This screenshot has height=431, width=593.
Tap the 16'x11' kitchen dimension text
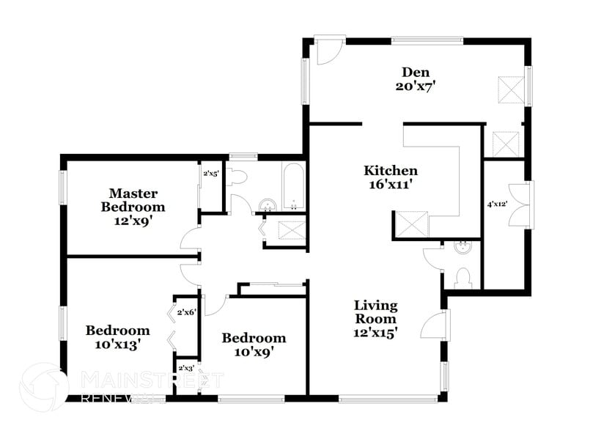pyautogui.click(x=391, y=185)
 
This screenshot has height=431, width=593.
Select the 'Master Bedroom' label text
pyautogui.click(x=133, y=199)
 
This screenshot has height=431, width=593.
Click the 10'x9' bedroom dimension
pyautogui.click(x=254, y=351)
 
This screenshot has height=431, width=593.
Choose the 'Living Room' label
pyautogui.click(x=375, y=312)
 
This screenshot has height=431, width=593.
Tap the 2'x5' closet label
pyautogui.click(x=210, y=174)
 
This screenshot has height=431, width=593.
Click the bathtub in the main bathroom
pyautogui.click(x=292, y=188)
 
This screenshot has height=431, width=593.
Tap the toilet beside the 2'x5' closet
pyautogui.click(x=237, y=177)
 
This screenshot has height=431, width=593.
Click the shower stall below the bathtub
pyautogui.click(x=292, y=230)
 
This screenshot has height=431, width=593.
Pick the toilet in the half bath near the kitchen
pyautogui.click(x=462, y=277)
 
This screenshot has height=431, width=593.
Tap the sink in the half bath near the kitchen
pyautogui.click(x=462, y=248)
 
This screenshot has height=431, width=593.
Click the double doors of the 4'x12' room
pyautogui.click(x=522, y=206)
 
